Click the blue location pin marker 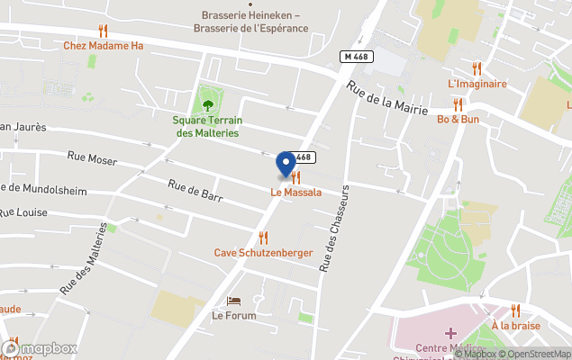point(286,164)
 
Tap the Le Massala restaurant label point(296,193)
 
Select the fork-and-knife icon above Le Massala point(295,177)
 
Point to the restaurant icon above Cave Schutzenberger point(263,238)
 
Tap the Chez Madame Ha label point(104,47)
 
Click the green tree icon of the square point(208,104)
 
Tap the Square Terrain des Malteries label point(207,126)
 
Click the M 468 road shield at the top point(357,57)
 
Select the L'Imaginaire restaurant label point(477,84)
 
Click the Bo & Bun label point(458,119)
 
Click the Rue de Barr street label point(195,189)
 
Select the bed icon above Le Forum point(234,301)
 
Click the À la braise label point(515,326)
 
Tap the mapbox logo point(41,348)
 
